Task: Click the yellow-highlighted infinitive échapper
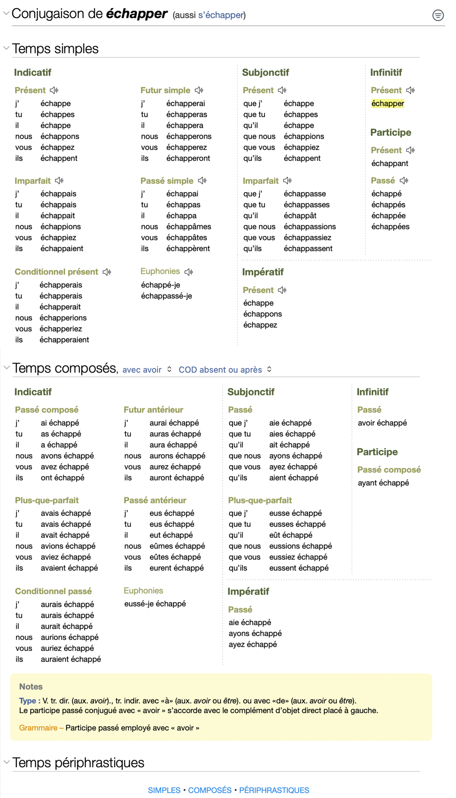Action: point(387,103)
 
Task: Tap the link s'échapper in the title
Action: point(221,15)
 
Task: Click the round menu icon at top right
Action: point(438,15)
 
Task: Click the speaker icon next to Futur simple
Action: point(199,90)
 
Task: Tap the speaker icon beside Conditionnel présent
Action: point(107,272)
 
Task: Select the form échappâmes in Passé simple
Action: point(189,227)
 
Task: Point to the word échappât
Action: point(300,216)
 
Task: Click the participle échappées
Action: point(390,227)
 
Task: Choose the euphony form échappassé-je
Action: point(166,296)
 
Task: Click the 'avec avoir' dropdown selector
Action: point(147,370)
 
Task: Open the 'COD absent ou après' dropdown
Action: point(225,370)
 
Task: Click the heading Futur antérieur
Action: point(153,410)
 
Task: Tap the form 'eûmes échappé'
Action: point(177,546)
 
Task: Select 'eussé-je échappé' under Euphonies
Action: point(155,604)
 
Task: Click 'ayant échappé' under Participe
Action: point(383,483)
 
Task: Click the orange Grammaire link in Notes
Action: point(38,728)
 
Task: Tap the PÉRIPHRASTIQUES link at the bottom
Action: point(274,790)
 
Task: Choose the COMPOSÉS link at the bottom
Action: point(210,790)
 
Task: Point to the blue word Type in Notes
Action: point(28,701)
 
